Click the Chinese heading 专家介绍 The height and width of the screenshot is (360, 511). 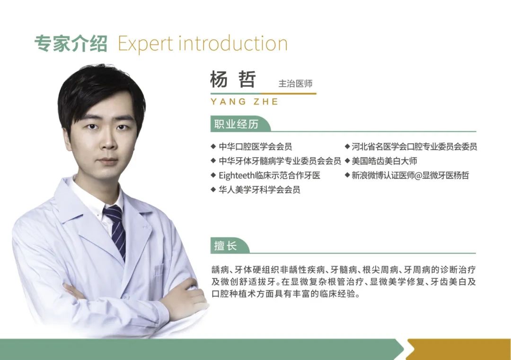[70, 44]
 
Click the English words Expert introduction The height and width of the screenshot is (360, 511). [203, 44]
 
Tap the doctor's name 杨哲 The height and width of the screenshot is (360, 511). [233, 79]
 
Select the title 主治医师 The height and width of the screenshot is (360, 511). [295, 84]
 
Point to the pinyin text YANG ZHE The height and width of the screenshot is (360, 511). [245, 102]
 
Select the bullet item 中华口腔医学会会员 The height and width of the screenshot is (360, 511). [255, 147]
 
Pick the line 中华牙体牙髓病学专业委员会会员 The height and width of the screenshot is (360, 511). [280, 161]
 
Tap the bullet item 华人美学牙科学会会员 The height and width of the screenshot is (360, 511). [259, 190]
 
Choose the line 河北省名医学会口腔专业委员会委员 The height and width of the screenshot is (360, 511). [414, 147]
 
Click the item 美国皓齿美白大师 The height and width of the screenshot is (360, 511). [384, 161]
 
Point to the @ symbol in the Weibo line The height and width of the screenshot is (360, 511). [418, 176]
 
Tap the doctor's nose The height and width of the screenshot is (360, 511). [107, 142]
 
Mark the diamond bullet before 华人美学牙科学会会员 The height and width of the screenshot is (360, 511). [213, 189]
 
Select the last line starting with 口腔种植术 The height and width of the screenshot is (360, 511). [286, 294]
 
